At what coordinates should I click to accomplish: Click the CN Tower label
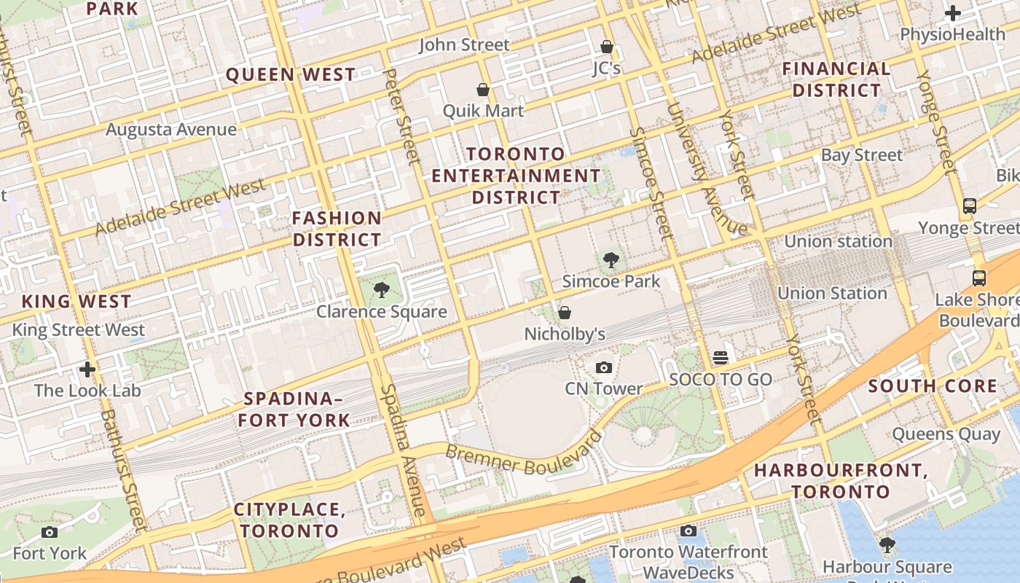tap(604, 388)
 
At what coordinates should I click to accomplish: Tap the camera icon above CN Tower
tap(604, 367)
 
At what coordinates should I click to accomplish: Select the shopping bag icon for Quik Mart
tap(482, 90)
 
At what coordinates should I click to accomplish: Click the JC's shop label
tap(607, 68)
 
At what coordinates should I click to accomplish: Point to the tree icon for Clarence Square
tap(381, 291)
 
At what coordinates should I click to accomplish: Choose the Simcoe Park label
tap(611, 281)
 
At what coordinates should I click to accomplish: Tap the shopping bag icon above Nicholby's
tap(565, 313)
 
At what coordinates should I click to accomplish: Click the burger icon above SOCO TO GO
tap(721, 358)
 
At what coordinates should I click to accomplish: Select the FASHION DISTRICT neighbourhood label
tap(337, 229)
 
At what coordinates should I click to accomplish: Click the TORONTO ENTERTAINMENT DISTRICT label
tap(516, 176)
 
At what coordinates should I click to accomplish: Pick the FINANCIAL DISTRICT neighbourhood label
tap(836, 79)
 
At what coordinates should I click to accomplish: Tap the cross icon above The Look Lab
tap(87, 369)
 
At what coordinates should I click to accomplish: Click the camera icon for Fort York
tap(50, 533)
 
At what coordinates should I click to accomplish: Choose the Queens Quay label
tap(946, 434)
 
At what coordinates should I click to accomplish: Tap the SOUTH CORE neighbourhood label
tap(933, 386)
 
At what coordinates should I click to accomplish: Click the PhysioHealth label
tap(952, 34)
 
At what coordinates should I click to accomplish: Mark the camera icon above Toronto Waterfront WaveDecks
tap(688, 531)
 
